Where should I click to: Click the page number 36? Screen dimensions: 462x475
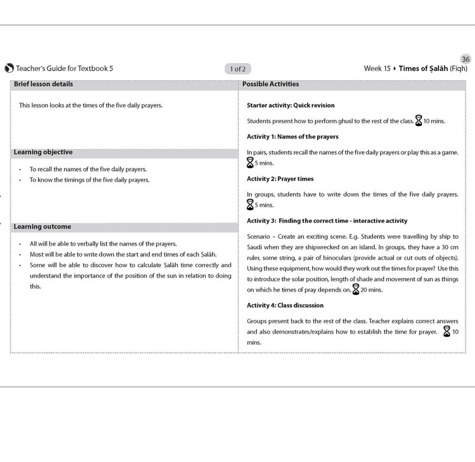(x=466, y=59)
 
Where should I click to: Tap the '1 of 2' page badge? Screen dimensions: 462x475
(x=238, y=69)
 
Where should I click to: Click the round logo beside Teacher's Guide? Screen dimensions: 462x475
(x=9, y=68)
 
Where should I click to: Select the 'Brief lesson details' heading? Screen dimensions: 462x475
(x=43, y=84)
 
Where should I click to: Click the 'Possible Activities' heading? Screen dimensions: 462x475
(x=270, y=84)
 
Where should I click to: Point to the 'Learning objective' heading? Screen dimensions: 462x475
(x=43, y=152)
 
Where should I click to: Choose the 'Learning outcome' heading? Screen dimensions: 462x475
(x=42, y=227)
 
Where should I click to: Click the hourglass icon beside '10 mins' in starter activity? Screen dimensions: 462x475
(x=419, y=120)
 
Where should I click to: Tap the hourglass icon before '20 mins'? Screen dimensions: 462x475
(x=356, y=289)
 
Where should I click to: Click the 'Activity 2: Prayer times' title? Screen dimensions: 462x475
(x=280, y=179)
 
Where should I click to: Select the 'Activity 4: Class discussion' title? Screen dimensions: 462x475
(x=285, y=305)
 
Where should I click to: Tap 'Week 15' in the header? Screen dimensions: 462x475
(x=377, y=68)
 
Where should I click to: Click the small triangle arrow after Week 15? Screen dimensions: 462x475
(x=395, y=68)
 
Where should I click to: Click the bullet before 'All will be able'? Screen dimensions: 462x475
(x=20, y=244)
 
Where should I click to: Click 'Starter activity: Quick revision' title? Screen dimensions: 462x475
(x=290, y=105)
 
